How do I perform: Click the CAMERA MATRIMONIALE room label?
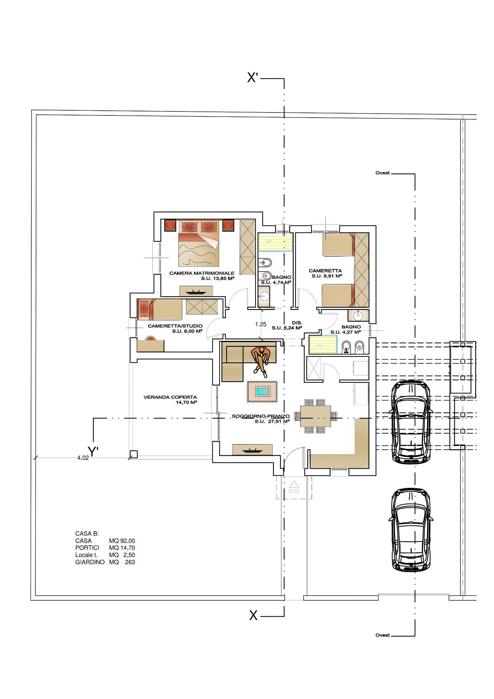pyautogui.click(x=202, y=273)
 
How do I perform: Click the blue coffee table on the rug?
pyautogui.click(x=262, y=392)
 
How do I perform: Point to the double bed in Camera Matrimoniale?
pyautogui.click(x=199, y=244)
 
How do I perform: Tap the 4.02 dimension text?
pyautogui.click(x=83, y=458)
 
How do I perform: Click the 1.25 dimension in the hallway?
pyautogui.click(x=261, y=324)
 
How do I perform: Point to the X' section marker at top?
pyautogui.click(x=253, y=78)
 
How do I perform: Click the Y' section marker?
pyautogui.click(x=94, y=452)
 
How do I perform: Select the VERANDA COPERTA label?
pyautogui.click(x=170, y=398)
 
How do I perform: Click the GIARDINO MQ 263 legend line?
pyautogui.click(x=105, y=562)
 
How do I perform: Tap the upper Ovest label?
pyautogui.click(x=382, y=173)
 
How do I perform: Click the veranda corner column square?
pyautogui.click(x=134, y=454)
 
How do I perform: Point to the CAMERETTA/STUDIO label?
pyautogui.click(x=175, y=326)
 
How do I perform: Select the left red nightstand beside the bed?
pyautogui.click(x=170, y=225)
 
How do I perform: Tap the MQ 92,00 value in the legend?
pyautogui.click(x=122, y=541)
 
